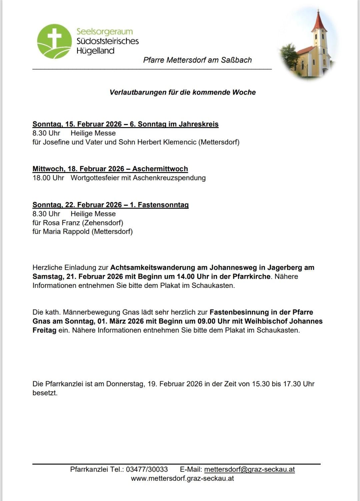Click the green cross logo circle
point(54,41)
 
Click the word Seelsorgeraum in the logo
point(105,32)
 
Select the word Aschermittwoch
point(160,169)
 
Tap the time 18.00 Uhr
point(48,178)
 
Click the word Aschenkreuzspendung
point(169,178)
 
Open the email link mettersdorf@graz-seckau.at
point(249,469)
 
